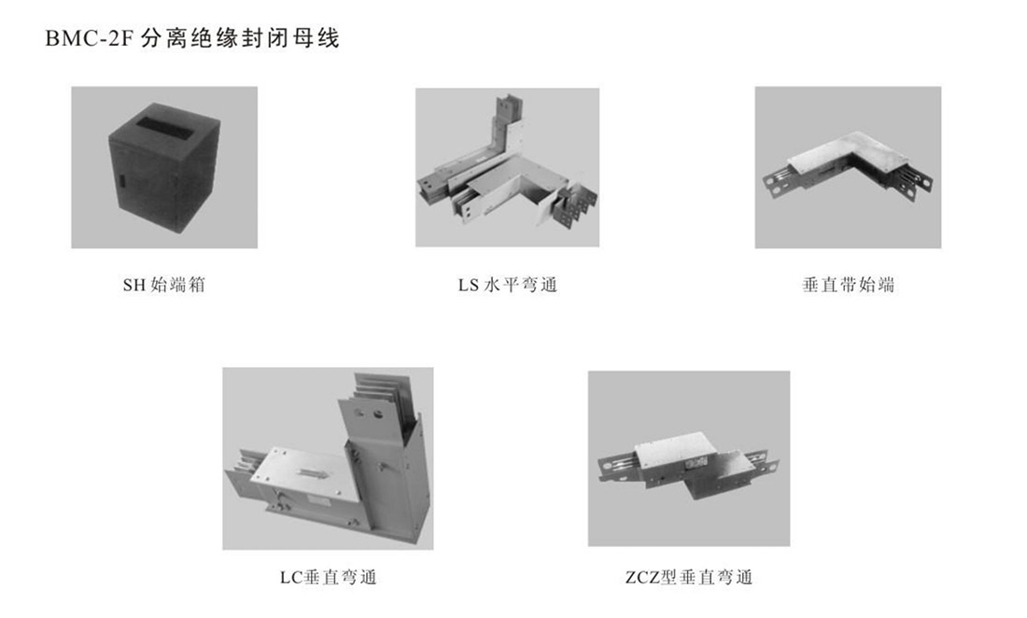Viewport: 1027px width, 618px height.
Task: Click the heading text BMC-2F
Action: click(89, 39)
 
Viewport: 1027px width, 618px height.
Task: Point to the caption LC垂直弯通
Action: click(328, 578)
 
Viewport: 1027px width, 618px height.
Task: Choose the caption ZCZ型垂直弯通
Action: click(688, 578)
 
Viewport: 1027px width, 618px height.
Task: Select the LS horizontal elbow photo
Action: click(507, 168)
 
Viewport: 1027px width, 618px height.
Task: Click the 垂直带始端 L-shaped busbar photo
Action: click(848, 168)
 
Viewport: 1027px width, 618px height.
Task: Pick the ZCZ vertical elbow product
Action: click(688, 467)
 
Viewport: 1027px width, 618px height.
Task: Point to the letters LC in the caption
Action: click(289, 578)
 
